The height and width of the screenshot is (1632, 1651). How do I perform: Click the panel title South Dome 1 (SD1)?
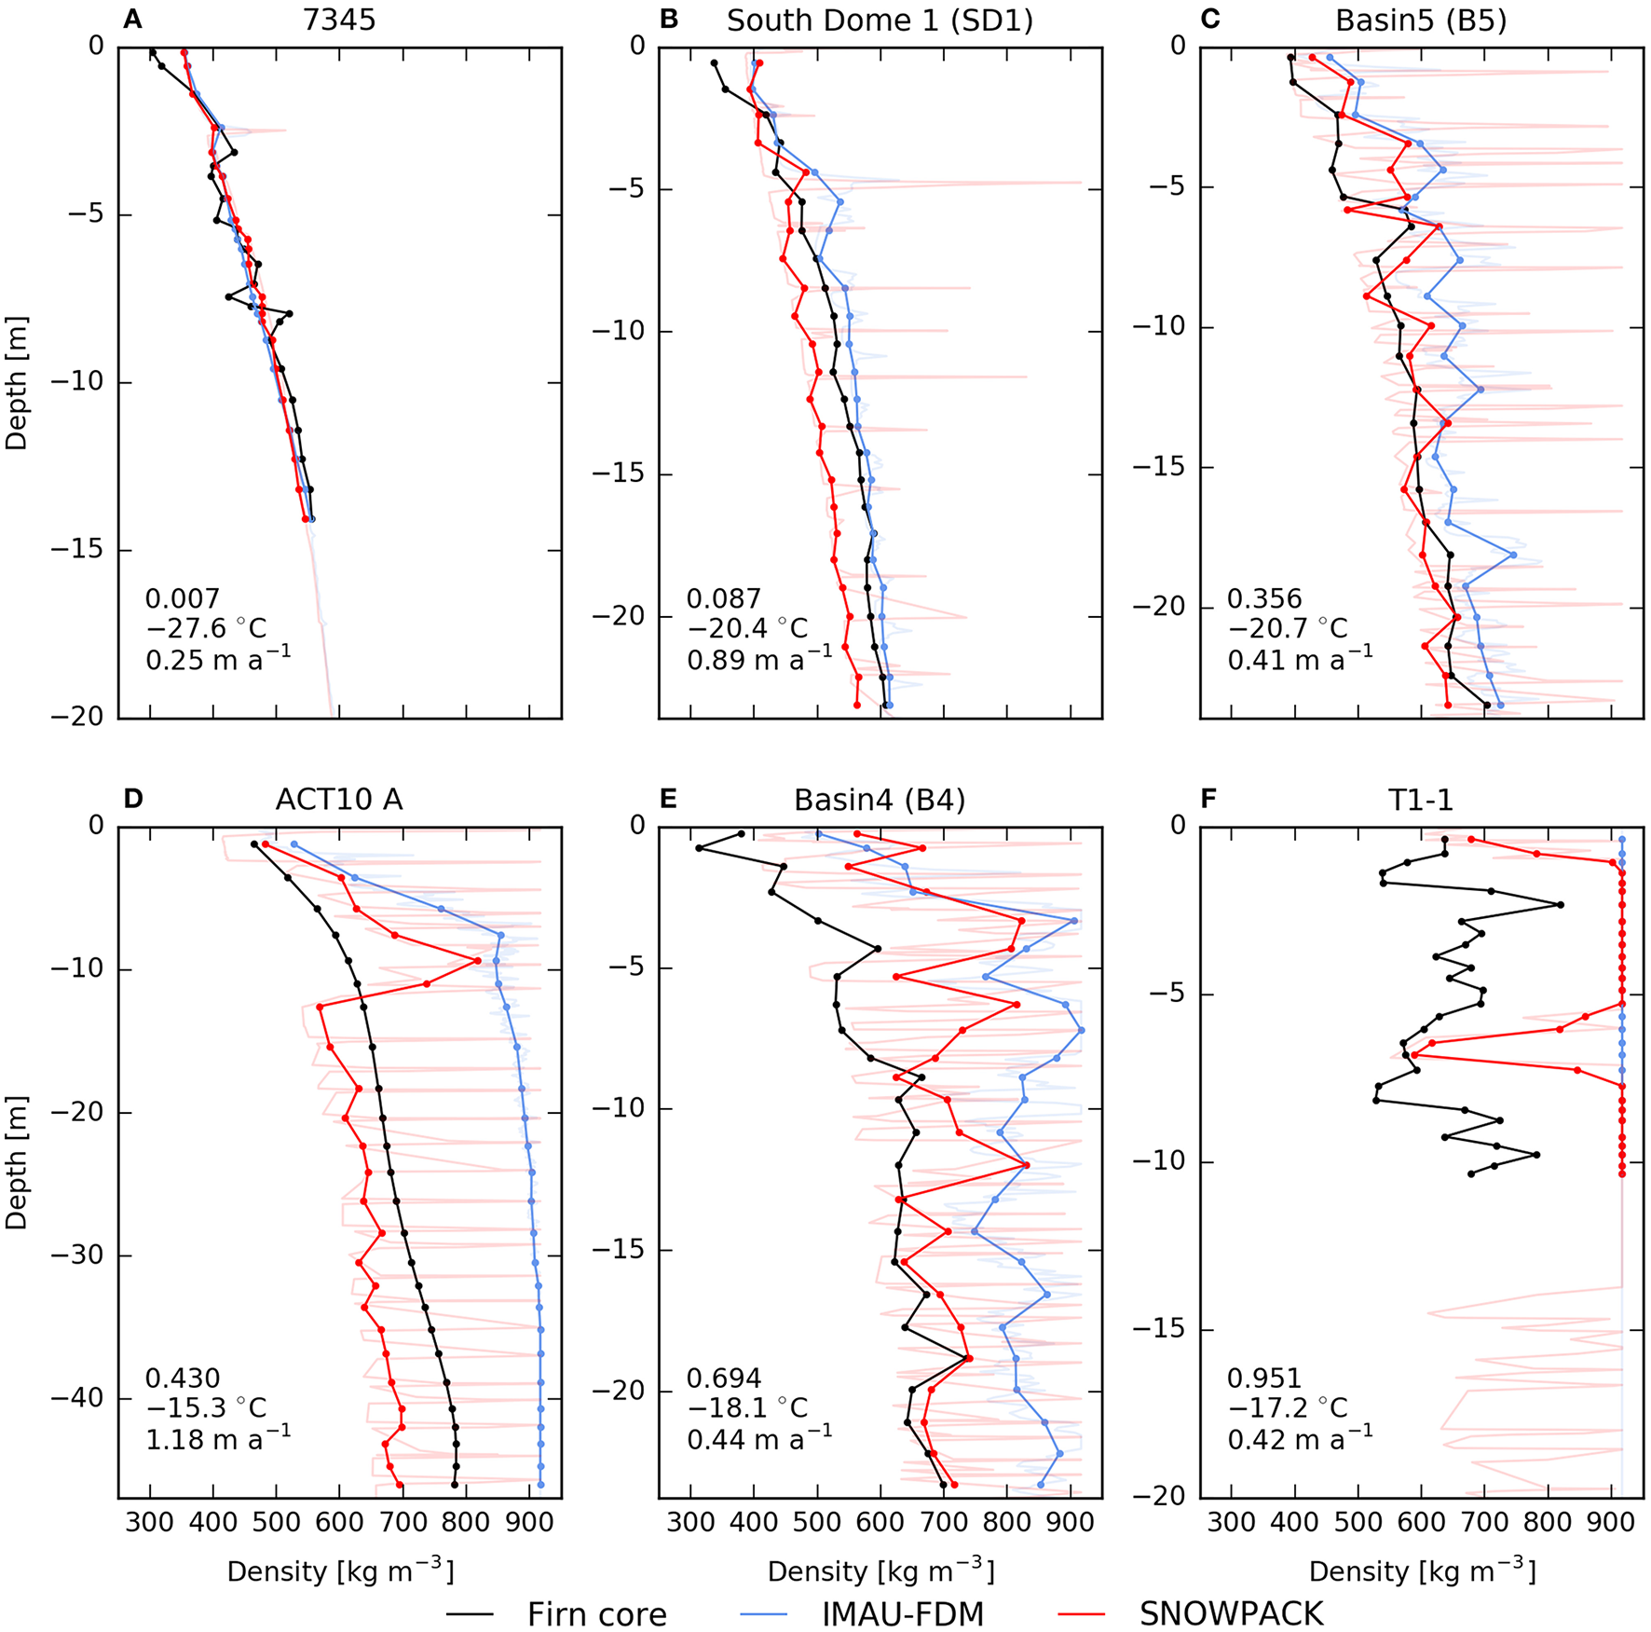[x=880, y=21]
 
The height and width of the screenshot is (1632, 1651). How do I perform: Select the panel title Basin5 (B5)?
[x=1421, y=21]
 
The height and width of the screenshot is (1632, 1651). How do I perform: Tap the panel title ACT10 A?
[x=339, y=800]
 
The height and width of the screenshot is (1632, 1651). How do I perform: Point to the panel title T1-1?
[x=1421, y=800]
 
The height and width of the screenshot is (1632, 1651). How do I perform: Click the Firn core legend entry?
[x=596, y=1613]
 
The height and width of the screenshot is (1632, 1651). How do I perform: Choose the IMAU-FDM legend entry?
[x=902, y=1613]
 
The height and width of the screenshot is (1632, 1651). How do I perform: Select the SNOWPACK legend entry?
[x=1230, y=1613]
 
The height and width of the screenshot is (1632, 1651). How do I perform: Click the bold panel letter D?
[x=133, y=800]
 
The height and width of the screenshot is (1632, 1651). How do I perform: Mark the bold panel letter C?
[x=1209, y=20]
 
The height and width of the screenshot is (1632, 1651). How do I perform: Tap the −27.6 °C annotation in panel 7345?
[x=206, y=628]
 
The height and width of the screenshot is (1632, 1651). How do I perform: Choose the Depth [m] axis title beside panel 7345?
[x=17, y=382]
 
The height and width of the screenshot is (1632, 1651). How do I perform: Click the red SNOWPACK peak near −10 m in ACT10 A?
[x=478, y=960]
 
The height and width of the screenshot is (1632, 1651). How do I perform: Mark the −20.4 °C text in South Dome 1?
[x=747, y=628]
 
